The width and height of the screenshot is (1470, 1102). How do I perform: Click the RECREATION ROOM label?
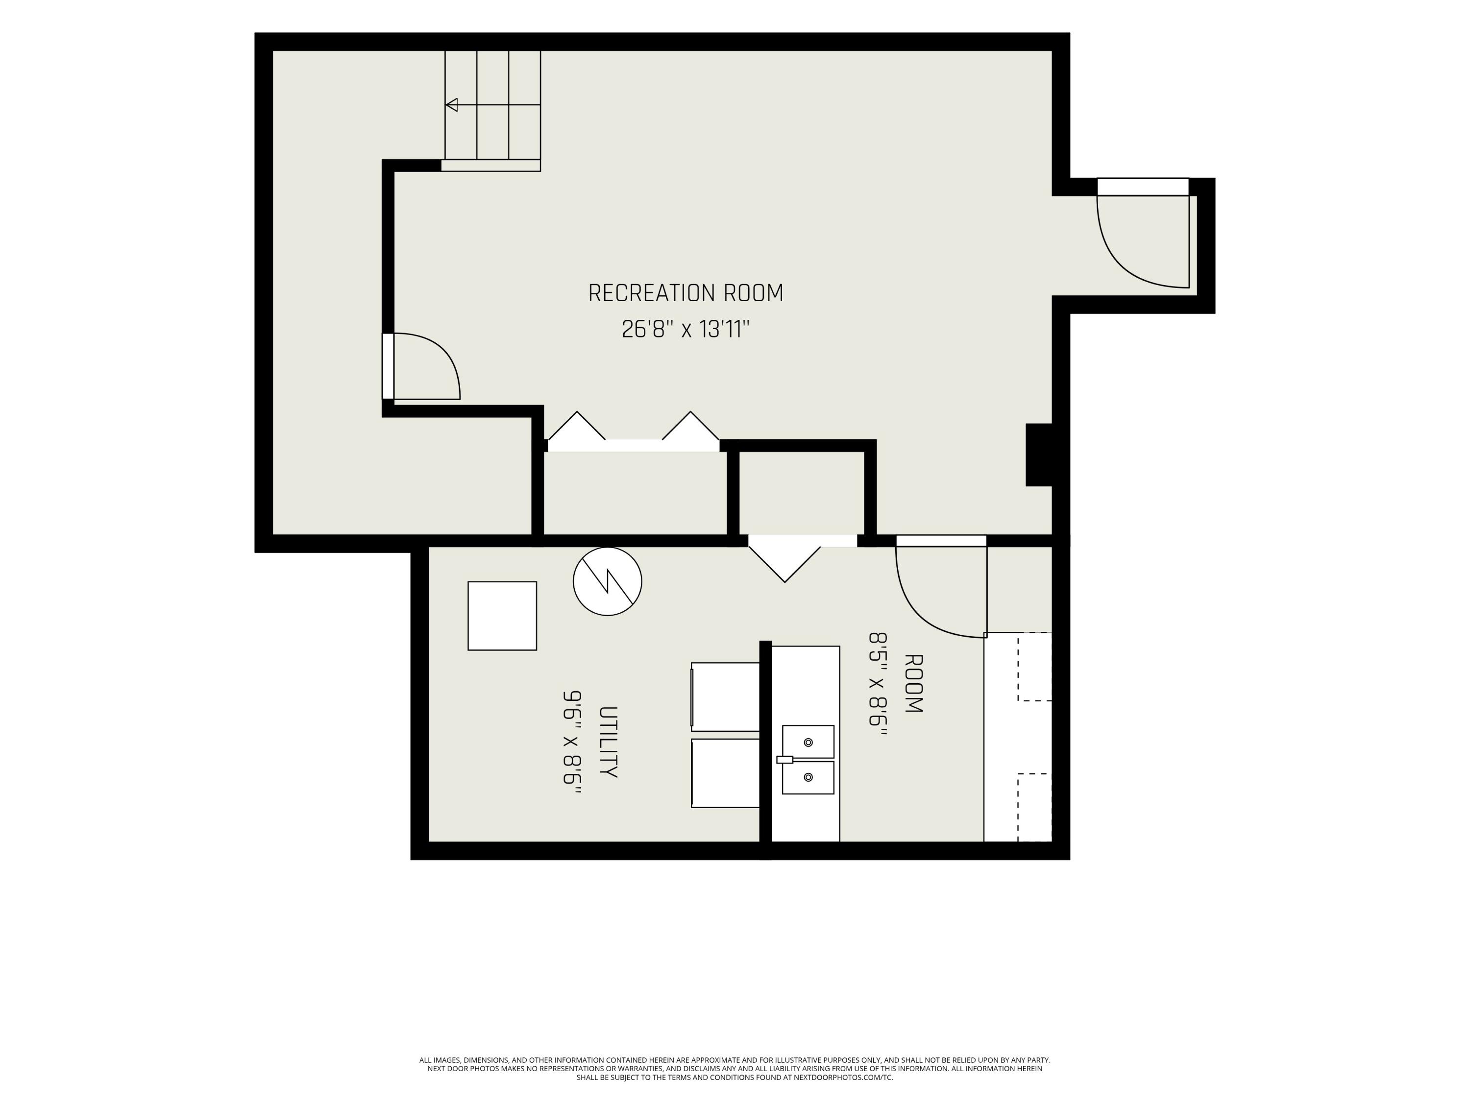pyautogui.click(x=686, y=293)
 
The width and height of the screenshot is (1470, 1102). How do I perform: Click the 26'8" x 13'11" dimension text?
pyautogui.click(x=686, y=329)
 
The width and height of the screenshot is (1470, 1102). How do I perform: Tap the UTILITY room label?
pyautogui.click(x=608, y=742)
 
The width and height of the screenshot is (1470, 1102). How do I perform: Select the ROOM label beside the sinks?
pyautogui.click(x=914, y=684)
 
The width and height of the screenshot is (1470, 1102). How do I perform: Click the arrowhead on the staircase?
pyautogui.click(x=452, y=105)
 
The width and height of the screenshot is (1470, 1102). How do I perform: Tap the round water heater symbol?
pyautogui.click(x=608, y=581)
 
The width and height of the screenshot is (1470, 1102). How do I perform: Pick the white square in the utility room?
pyautogui.click(x=502, y=616)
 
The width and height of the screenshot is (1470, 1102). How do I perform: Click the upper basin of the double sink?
pyautogui.click(x=808, y=742)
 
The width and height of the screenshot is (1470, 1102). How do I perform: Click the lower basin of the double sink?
pyautogui.click(x=808, y=778)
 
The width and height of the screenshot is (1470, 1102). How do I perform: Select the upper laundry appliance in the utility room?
pyautogui.click(x=725, y=697)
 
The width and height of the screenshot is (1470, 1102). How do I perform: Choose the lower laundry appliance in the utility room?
pyautogui.click(x=725, y=773)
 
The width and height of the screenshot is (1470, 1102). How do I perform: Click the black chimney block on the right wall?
pyautogui.click(x=1039, y=455)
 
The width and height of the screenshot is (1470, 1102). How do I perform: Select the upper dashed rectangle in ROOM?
pyautogui.click(x=1035, y=666)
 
